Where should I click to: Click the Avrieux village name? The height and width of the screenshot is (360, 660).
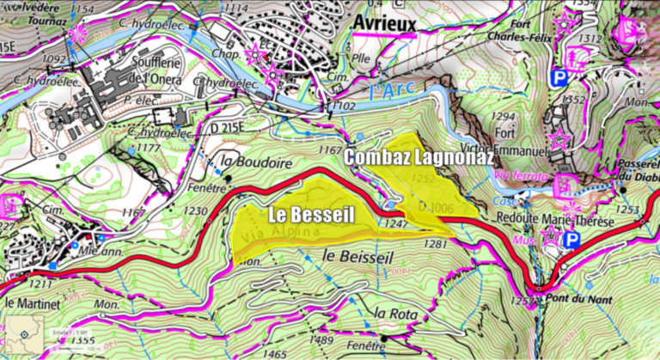[x=382, y=24]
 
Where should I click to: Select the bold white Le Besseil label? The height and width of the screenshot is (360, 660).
[x=309, y=214]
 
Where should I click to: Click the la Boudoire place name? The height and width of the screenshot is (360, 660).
[x=257, y=162]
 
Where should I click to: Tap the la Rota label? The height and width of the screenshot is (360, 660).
[x=395, y=314]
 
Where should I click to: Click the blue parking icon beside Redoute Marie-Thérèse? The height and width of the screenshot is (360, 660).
[x=570, y=240]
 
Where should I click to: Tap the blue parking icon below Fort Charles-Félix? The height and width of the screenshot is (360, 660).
[x=559, y=78]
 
